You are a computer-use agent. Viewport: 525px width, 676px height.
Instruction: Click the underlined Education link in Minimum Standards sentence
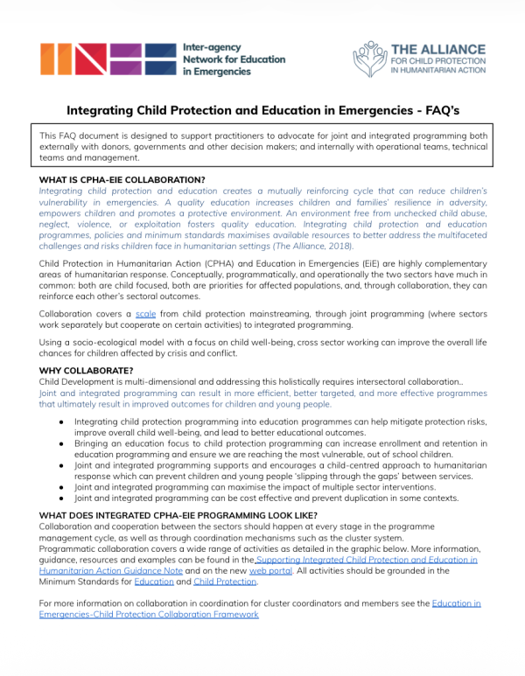click(153, 582)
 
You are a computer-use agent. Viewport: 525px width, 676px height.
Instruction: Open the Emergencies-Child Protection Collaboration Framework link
click(149, 615)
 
